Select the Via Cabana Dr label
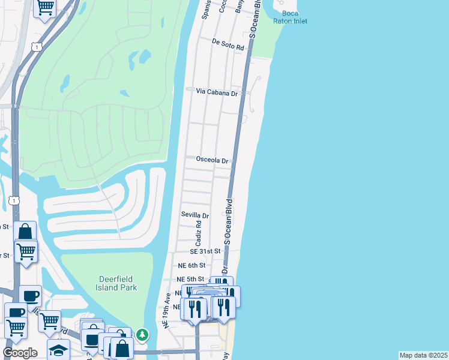point(217,92)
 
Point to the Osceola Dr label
point(212,161)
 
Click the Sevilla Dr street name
point(195,215)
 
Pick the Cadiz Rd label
point(198,232)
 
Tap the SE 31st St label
point(206,251)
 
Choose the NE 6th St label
point(191,265)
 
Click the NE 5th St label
point(191,279)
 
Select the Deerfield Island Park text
point(117,283)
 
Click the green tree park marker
point(142,334)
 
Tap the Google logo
point(20,353)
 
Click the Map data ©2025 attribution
point(423,355)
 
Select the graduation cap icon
point(58,350)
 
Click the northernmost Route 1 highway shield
point(38,46)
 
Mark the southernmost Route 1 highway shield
point(15,200)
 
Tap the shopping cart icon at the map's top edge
point(46,7)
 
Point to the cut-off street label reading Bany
point(239,6)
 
